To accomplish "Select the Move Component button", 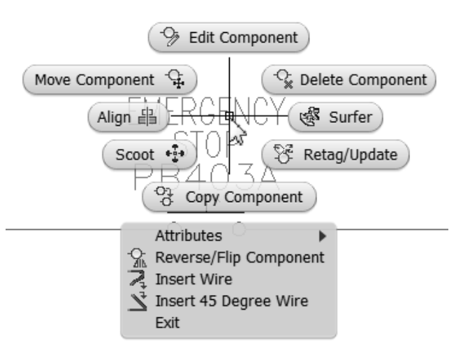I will point(110,79).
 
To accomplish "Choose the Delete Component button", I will point(348,79).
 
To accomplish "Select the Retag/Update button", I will point(334,154).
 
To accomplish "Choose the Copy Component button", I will point(229,197).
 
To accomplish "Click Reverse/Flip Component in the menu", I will point(240,257).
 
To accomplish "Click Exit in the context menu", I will point(167,323).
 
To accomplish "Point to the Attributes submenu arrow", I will point(322,236).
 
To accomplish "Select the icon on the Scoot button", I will point(170,154).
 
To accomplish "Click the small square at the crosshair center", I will point(230,117).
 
